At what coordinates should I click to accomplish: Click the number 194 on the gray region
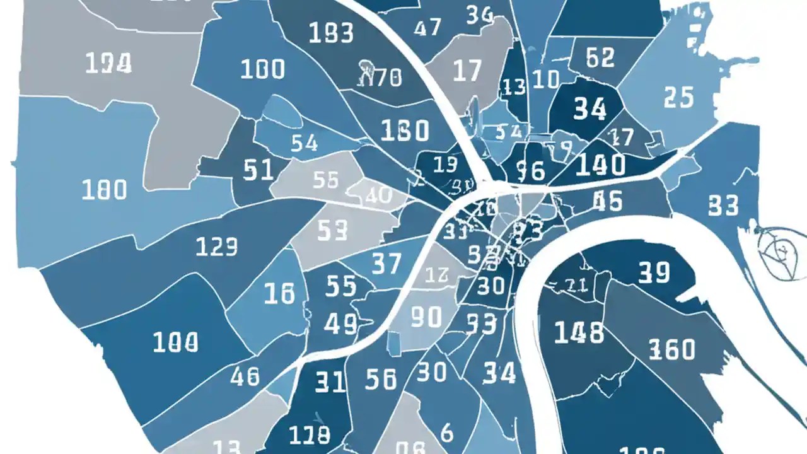(x=108, y=63)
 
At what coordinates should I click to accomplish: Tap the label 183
(x=332, y=33)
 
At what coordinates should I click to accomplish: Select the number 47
(x=428, y=28)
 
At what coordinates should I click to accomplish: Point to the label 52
(x=600, y=57)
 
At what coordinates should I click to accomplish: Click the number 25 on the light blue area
(x=678, y=97)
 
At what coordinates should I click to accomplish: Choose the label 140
(x=600, y=165)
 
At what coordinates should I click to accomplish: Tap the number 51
(x=258, y=170)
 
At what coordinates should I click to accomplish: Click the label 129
(x=216, y=247)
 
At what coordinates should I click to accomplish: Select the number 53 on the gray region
(x=332, y=231)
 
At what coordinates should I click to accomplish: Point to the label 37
(x=386, y=263)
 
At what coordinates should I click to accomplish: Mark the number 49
(x=341, y=324)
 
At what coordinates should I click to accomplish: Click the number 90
(x=426, y=317)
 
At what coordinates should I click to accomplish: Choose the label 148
(x=579, y=332)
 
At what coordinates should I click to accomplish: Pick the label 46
(x=245, y=376)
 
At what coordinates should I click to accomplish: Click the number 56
(x=381, y=379)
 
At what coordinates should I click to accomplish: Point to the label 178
(x=309, y=434)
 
